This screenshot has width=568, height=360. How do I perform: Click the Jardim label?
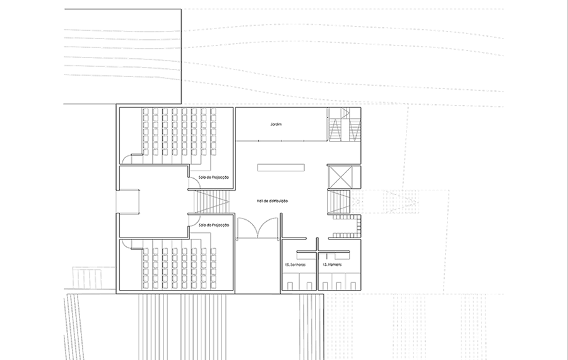coord(276,124)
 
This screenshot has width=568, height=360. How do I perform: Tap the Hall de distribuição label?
coord(272,200)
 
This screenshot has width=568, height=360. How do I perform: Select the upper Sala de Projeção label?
coord(214,177)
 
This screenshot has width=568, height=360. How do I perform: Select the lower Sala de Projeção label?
coord(214,225)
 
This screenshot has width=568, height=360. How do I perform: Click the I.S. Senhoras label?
coord(295,265)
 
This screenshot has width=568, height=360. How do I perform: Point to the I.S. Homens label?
coord(332,265)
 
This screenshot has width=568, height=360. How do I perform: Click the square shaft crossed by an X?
coord(338,176)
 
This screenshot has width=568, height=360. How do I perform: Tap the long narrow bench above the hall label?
coord(281,167)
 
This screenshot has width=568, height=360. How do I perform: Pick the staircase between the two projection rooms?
coord(211,201)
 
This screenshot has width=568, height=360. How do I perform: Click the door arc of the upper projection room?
coord(194,183)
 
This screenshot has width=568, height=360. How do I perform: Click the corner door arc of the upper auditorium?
coord(127,159)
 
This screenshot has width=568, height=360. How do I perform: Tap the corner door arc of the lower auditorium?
coord(127,243)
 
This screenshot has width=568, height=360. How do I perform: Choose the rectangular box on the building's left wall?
coord(128,201)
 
